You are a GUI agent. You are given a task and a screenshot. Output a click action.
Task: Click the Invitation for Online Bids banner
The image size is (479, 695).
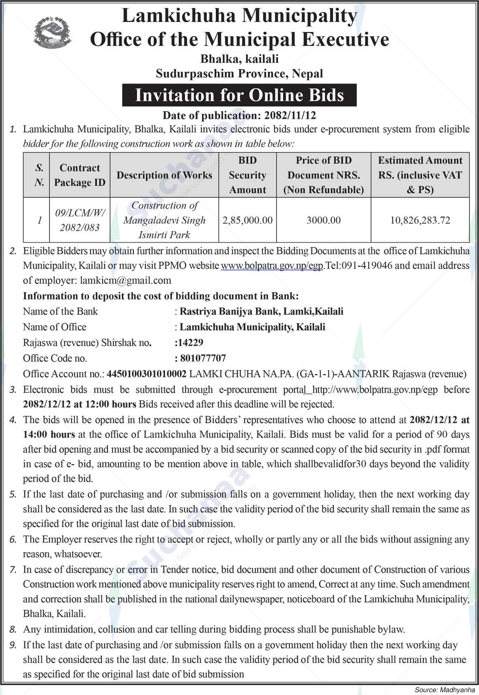pos(239,95)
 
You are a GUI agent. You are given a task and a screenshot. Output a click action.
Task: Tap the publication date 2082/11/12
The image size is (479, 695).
pos(290,115)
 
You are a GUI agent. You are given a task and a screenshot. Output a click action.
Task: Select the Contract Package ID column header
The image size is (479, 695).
pos(79,175)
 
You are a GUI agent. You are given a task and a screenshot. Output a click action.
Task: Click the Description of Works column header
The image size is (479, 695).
pos(164,175)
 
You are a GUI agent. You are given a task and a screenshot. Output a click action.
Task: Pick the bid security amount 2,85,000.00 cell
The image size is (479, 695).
pos(247,220)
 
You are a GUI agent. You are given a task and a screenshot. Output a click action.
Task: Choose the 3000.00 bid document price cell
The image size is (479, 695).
pos(323,220)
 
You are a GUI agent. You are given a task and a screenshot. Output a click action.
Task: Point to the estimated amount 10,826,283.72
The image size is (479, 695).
pos(420,220)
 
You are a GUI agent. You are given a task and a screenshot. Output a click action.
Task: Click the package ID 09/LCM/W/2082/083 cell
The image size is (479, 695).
pos(79,220)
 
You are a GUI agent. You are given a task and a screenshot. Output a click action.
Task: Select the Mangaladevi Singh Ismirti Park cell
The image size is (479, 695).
pos(164,220)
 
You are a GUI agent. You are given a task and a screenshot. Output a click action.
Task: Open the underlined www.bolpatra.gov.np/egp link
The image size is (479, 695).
pos(272,266)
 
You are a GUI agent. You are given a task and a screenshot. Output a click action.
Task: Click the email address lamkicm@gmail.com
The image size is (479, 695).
pos(125,280)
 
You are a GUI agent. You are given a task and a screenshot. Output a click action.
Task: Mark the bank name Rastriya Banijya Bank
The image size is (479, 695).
pos(230,311)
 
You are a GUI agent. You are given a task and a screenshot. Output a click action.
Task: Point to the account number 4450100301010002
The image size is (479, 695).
pos(146,374)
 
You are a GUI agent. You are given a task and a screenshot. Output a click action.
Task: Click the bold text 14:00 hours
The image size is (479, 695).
pos(49,435)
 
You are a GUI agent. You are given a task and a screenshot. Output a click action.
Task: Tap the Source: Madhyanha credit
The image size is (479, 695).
pos(445,690)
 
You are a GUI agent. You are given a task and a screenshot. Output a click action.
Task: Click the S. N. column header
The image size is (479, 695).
pos(39,175)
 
